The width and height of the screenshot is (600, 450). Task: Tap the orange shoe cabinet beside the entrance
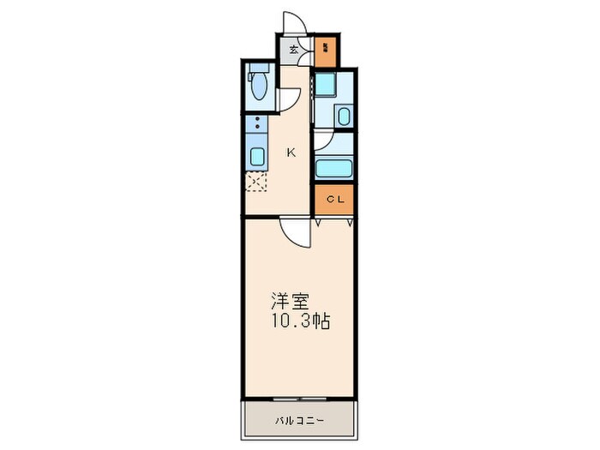coord(326,52)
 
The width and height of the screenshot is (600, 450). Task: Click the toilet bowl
coord(258,87)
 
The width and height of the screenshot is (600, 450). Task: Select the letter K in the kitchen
coord(291,153)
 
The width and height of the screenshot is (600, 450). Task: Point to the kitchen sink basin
coord(257,156)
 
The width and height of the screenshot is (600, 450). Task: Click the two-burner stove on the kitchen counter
coord(256,129)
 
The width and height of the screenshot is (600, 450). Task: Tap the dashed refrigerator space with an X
coord(256,181)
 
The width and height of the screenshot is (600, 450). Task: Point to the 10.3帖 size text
coord(300,321)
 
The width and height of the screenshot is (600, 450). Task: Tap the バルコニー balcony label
coord(299,421)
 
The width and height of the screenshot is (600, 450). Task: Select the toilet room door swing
coord(290,99)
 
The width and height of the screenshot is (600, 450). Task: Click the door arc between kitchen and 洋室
coord(293,231)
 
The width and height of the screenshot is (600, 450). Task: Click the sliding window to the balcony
coord(299,399)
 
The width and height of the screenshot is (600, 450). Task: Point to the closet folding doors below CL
coord(334,221)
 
